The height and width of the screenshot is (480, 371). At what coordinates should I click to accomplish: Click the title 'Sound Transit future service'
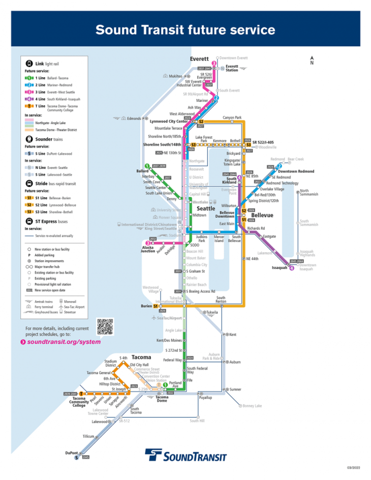[x=185, y=29]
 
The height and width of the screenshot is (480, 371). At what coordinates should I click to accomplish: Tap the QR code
[x=105, y=326]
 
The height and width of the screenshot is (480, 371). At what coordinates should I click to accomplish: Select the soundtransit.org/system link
[x=64, y=342]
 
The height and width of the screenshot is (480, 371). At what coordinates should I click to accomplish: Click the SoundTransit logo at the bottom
[x=185, y=455]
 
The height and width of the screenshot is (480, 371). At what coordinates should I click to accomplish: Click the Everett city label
[x=199, y=59]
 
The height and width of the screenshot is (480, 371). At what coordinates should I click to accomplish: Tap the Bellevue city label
[x=262, y=216]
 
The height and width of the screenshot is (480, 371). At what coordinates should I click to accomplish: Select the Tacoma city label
[x=141, y=357]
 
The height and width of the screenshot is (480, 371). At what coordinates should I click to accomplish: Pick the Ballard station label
[x=142, y=171]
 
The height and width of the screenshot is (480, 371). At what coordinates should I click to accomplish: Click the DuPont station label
[x=72, y=453]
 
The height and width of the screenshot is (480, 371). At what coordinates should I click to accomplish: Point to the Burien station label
[x=146, y=306]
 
